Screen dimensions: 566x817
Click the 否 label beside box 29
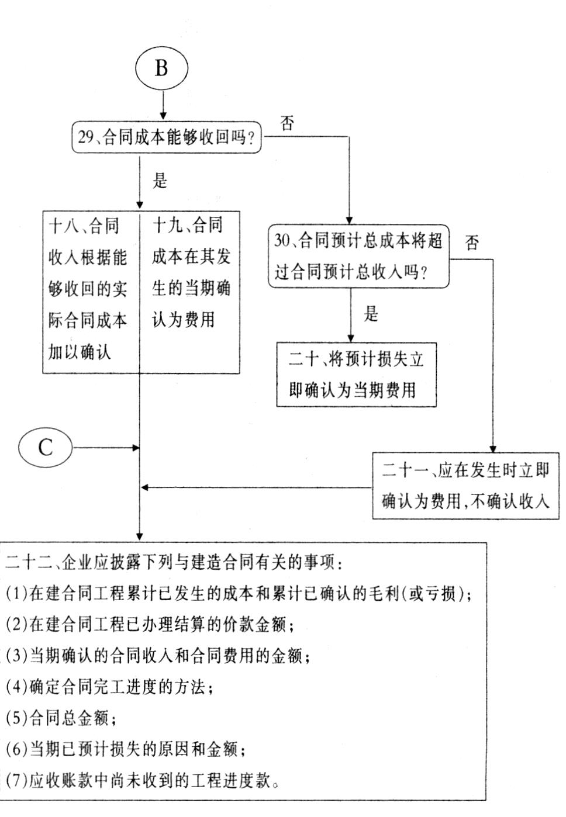tap(287, 123)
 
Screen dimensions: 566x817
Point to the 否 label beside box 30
tap(471, 242)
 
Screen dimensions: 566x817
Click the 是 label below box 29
tap(160, 181)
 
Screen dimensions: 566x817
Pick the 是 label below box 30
tap(371, 314)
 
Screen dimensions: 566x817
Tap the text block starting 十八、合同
tap(88, 289)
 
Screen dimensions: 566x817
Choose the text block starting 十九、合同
tap(191, 272)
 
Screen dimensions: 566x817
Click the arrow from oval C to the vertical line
tap(106, 448)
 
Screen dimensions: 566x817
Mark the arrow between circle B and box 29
tap(163, 105)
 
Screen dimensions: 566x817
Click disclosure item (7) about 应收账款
tap(142, 781)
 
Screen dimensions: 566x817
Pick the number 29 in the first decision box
tap(86, 137)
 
